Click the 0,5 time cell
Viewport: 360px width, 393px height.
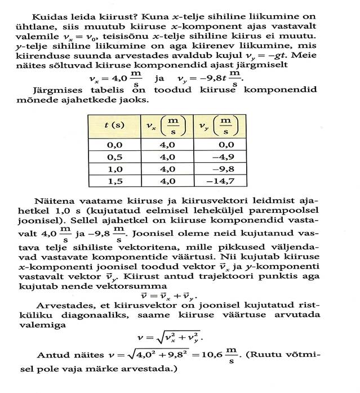click(x=115, y=156)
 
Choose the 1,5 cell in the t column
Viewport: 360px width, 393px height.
click(x=115, y=181)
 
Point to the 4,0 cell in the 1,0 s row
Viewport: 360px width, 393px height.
click(x=167, y=168)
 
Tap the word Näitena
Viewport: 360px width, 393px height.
click(x=54, y=201)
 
